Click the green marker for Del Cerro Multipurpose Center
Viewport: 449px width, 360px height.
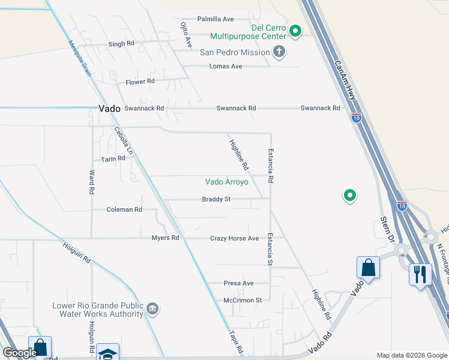295,31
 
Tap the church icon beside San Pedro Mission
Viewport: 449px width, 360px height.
279,52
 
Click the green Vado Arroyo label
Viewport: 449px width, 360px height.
226,182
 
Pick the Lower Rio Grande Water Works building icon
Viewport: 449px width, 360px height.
154,309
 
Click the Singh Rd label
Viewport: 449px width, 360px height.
121,44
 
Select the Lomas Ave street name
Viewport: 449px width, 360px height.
225,66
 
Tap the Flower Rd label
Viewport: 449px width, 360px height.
140,81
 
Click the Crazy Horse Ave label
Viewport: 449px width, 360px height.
234,238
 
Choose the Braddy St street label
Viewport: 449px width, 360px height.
216,199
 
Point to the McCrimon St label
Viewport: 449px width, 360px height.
243,300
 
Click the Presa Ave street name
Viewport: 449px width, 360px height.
238,283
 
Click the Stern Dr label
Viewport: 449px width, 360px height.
386,227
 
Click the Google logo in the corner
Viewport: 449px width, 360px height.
20,353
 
